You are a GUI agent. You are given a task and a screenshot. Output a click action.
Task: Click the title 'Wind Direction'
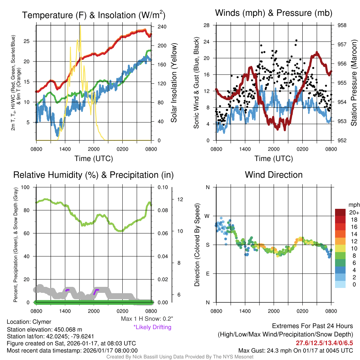[x=274, y=175]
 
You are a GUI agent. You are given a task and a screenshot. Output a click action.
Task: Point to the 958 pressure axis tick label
[x=342, y=25]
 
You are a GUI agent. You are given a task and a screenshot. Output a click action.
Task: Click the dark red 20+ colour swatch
[x=340, y=212]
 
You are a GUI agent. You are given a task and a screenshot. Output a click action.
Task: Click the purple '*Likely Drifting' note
[x=152, y=327]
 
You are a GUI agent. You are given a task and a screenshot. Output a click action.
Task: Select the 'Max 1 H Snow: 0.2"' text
[x=147, y=319]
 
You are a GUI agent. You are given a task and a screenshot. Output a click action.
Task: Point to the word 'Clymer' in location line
[x=42, y=322]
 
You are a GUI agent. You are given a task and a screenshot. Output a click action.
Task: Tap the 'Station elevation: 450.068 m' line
[x=44, y=329]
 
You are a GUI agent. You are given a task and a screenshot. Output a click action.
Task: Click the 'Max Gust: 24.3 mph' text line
[x=295, y=351]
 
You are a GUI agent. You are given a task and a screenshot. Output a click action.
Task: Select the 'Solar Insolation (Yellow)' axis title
[x=174, y=83]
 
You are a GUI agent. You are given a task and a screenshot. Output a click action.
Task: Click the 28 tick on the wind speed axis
[x=207, y=25]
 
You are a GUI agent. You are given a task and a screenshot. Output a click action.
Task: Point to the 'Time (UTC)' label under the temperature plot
[x=94, y=159]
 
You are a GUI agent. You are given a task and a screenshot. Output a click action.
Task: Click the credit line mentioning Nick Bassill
[x=180, y=357]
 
